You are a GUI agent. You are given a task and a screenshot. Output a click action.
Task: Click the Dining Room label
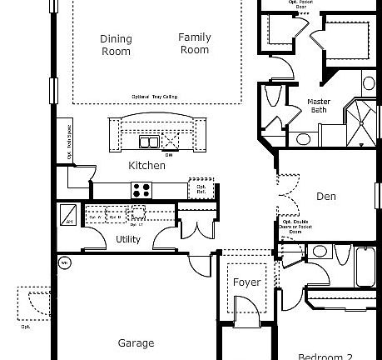pos(116,45)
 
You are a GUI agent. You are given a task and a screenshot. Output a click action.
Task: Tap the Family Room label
pos(194,43)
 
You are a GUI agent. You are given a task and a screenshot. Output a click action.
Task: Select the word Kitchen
pos(146,165)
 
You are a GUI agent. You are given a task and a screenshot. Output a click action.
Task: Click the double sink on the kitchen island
pos(151,141)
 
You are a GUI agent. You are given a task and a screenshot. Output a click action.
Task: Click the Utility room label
pos(127,240)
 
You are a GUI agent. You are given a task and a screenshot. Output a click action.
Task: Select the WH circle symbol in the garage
pos(63,264)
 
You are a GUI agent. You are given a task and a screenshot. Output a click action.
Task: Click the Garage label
pos(136,342)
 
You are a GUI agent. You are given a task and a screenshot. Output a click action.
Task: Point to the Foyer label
pos(246,282)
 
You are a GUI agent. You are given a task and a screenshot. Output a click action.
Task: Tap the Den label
pos(325,197)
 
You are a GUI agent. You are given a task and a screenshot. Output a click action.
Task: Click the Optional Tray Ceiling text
pos(155,96)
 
